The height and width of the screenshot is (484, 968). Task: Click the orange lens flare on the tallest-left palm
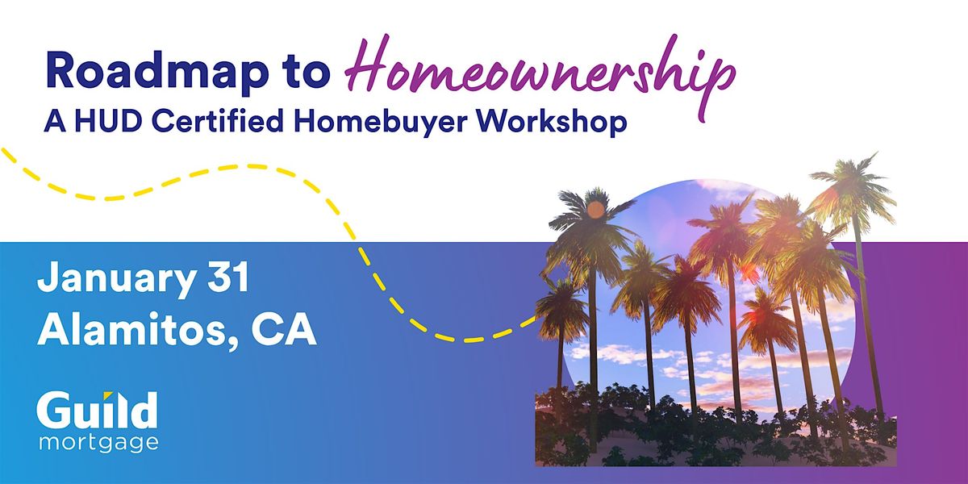[595, 210]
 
